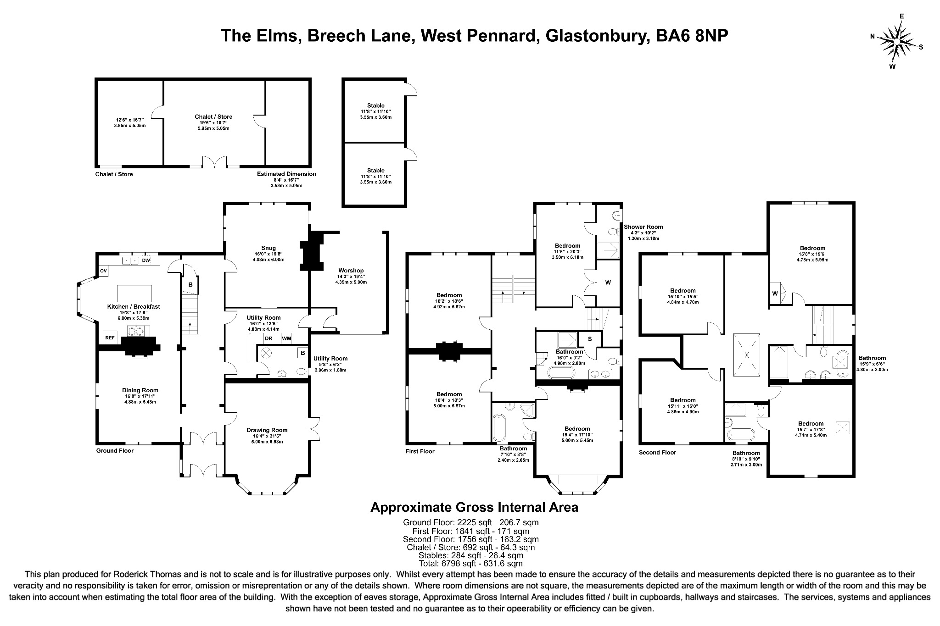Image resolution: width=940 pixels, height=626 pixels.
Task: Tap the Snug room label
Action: click(x=269, y=248)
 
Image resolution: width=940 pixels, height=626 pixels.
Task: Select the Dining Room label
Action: click(x=140, y=390)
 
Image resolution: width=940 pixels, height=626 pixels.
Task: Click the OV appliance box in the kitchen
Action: click(x=103, y=271)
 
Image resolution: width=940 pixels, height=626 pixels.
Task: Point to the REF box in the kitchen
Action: click(x=110, y=338)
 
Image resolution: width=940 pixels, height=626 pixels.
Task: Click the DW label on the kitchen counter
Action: click(x=146, y=260)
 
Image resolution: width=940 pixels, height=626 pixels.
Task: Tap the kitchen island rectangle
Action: click(x=134, y=293)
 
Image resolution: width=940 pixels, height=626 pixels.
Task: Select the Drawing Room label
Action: click(x=267, y=430)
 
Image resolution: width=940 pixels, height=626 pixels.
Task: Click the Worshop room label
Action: click(x=351, y=271)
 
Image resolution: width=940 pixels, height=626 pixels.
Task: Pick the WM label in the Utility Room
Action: click(x=286, y=339)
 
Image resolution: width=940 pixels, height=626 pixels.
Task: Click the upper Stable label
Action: click(x=375, y=105)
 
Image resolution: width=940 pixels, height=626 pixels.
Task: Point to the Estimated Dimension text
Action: click(x=286, y=174)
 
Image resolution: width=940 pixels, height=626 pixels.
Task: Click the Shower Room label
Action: click(x=643, y=227)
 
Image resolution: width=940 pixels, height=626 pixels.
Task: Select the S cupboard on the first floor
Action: click(x=590, y=339)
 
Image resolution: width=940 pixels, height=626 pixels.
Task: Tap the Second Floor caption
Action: click(x=657, y=453)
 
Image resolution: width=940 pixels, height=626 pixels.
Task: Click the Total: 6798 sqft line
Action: click(x=470, y=564)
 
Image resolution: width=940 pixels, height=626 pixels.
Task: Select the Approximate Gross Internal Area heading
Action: click(x=474, y=508)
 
